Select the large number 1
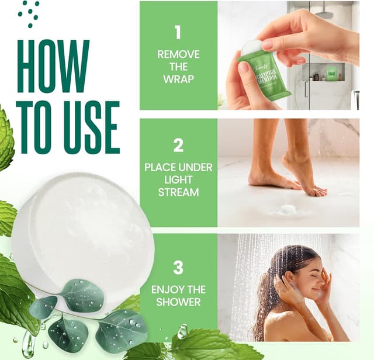click(178, 32)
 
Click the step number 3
click(178, 267)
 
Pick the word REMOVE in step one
click(178, 54)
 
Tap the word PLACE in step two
click(160, 167)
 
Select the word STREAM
click(178, 192)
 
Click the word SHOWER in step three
click(178, 302)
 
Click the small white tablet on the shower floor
click(287, 209)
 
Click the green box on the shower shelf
click(331, 74)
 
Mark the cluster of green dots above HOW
click(29, 13)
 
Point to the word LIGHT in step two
click(178, 179)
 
